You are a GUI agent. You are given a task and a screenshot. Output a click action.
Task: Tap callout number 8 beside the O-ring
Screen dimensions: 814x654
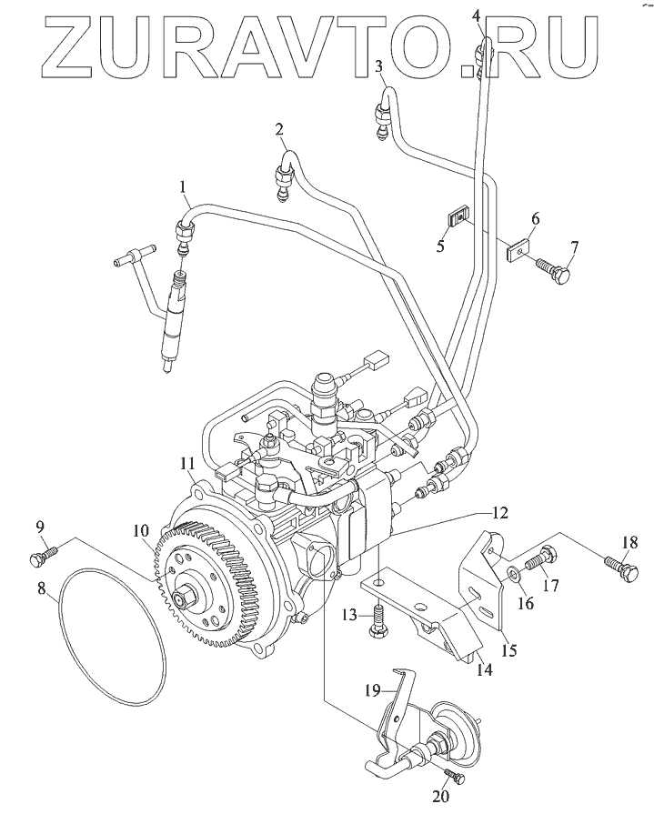tap(42, 588)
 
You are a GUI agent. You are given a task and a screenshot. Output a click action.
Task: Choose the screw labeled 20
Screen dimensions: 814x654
tap(453, 778)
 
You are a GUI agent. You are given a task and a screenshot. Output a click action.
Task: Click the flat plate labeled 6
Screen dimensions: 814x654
tap(518, 246)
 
